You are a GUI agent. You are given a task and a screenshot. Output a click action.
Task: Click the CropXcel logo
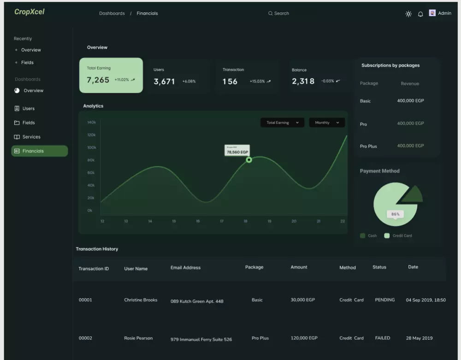pos(30,12)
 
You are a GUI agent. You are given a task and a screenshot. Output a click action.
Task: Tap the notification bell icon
pos(420,14)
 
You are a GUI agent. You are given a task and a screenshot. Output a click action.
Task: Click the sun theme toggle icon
pos(408,14)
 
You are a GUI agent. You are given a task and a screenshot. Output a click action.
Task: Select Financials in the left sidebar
pos(39,151)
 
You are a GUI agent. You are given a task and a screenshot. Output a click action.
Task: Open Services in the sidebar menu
pos(31,137)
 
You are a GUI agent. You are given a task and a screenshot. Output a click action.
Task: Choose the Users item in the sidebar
pos(29,109)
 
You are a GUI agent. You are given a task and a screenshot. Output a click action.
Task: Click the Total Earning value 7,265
pos(98,80)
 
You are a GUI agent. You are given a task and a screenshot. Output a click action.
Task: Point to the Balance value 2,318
pos(303,82)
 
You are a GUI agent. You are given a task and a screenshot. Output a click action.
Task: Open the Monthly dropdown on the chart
pos(327,123)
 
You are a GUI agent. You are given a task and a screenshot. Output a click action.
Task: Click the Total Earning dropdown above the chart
pos(282,123)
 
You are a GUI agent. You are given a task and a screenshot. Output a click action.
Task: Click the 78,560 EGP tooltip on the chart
pos(237,151)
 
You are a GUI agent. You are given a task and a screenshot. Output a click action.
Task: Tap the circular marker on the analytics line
pos(249,159)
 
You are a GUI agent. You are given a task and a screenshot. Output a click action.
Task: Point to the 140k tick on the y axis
pos(91,123)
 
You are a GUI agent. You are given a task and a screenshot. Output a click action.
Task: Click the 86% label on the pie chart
pos(396,214)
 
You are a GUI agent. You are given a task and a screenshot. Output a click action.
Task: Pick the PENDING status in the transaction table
pos(385,300)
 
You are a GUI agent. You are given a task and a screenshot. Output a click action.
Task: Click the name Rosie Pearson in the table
pos(138,338)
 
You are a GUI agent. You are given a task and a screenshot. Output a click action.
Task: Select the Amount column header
pos(299,267)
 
